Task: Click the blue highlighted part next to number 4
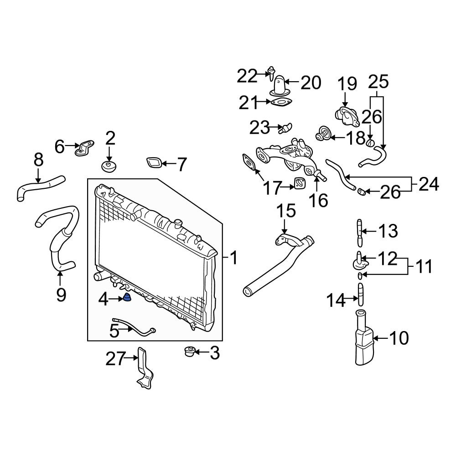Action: (126, 299)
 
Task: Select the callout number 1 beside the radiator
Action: (233, 259)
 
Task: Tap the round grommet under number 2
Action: (109, 166)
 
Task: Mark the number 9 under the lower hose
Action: (61, 295)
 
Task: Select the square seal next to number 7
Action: (154, 163)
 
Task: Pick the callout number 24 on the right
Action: (428, 185)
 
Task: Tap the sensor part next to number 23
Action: (285, 127)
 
